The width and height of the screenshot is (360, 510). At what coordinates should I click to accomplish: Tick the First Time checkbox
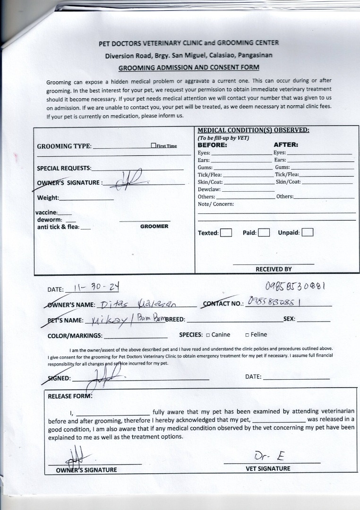[x=154, y=146]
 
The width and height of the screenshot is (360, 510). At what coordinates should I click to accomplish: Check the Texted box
[x=226, y=232]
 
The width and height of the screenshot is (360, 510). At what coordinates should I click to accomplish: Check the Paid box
[x=264, y=232]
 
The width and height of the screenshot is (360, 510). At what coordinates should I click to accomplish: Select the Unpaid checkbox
[x=308, y=232]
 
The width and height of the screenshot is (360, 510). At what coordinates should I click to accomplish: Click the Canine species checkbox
[x=208, y=335]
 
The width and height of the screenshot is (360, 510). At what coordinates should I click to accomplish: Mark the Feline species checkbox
[x=247, y=335]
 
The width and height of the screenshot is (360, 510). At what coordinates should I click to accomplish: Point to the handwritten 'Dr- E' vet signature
[x=268, y=456]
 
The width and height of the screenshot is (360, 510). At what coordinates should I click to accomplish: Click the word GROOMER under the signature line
[x=154, y=227]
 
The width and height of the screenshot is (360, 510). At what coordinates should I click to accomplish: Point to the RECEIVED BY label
[x=274, y=269]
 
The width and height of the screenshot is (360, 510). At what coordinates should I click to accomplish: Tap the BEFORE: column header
[x=212, y=145]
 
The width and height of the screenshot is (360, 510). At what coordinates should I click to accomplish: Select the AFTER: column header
[x=286, y=145]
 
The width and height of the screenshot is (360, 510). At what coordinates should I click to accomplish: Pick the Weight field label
[x=48, y=198]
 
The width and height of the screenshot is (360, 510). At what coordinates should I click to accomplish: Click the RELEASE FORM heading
[x=70, y=396]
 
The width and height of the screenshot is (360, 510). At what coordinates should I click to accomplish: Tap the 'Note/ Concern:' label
[x=215, y=204]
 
